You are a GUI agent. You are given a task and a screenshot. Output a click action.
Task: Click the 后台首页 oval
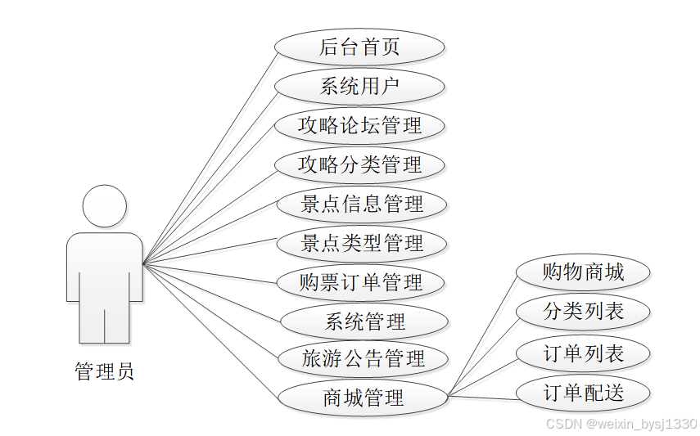point(359,47)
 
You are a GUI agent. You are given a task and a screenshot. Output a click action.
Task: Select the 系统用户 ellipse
point(359,86)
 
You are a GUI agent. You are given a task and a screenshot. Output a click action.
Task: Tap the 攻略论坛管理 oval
point(359,125)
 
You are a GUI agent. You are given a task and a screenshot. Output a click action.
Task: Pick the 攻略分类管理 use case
point(359,164)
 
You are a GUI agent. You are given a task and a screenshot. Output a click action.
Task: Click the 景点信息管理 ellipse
point(361,204)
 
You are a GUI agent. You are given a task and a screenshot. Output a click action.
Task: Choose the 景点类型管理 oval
point(361,243)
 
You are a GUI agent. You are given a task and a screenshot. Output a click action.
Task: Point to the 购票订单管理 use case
point(361,282)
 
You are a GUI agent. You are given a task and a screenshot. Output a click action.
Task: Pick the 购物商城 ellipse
point(583,272)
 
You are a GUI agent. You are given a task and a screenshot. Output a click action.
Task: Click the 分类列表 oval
point(583,312)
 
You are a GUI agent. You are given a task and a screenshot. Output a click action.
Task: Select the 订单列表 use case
point(583,353)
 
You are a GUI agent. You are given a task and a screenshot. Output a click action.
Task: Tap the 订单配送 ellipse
point(583,393)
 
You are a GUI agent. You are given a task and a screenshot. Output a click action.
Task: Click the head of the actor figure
point(105,206)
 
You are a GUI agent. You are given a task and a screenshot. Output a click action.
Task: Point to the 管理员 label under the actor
point(105,372)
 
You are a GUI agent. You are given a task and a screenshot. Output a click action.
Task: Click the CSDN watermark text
point(621,424)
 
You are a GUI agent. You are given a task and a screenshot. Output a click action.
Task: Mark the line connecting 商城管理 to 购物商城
point(483,335)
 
